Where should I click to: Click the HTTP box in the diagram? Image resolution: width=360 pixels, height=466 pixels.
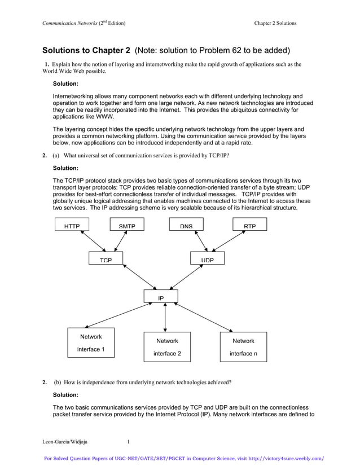tap(72, 226)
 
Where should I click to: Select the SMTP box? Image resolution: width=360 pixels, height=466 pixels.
tap(126, 226)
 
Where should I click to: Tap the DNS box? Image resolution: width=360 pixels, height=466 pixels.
tap(187, 226)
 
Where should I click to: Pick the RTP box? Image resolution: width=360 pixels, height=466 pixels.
tap(250, 226)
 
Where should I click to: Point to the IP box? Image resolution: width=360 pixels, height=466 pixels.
tap(161, 297)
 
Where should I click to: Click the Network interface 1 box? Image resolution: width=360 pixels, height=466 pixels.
tap(91, 342)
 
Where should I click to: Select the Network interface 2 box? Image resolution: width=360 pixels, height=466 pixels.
tap(167, 347)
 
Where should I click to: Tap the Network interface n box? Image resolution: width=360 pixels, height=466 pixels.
tap(243, 347)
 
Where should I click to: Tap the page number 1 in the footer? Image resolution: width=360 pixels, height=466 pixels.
tap(128, 442)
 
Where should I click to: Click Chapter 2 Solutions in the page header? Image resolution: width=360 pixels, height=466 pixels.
tap(275, 23)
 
